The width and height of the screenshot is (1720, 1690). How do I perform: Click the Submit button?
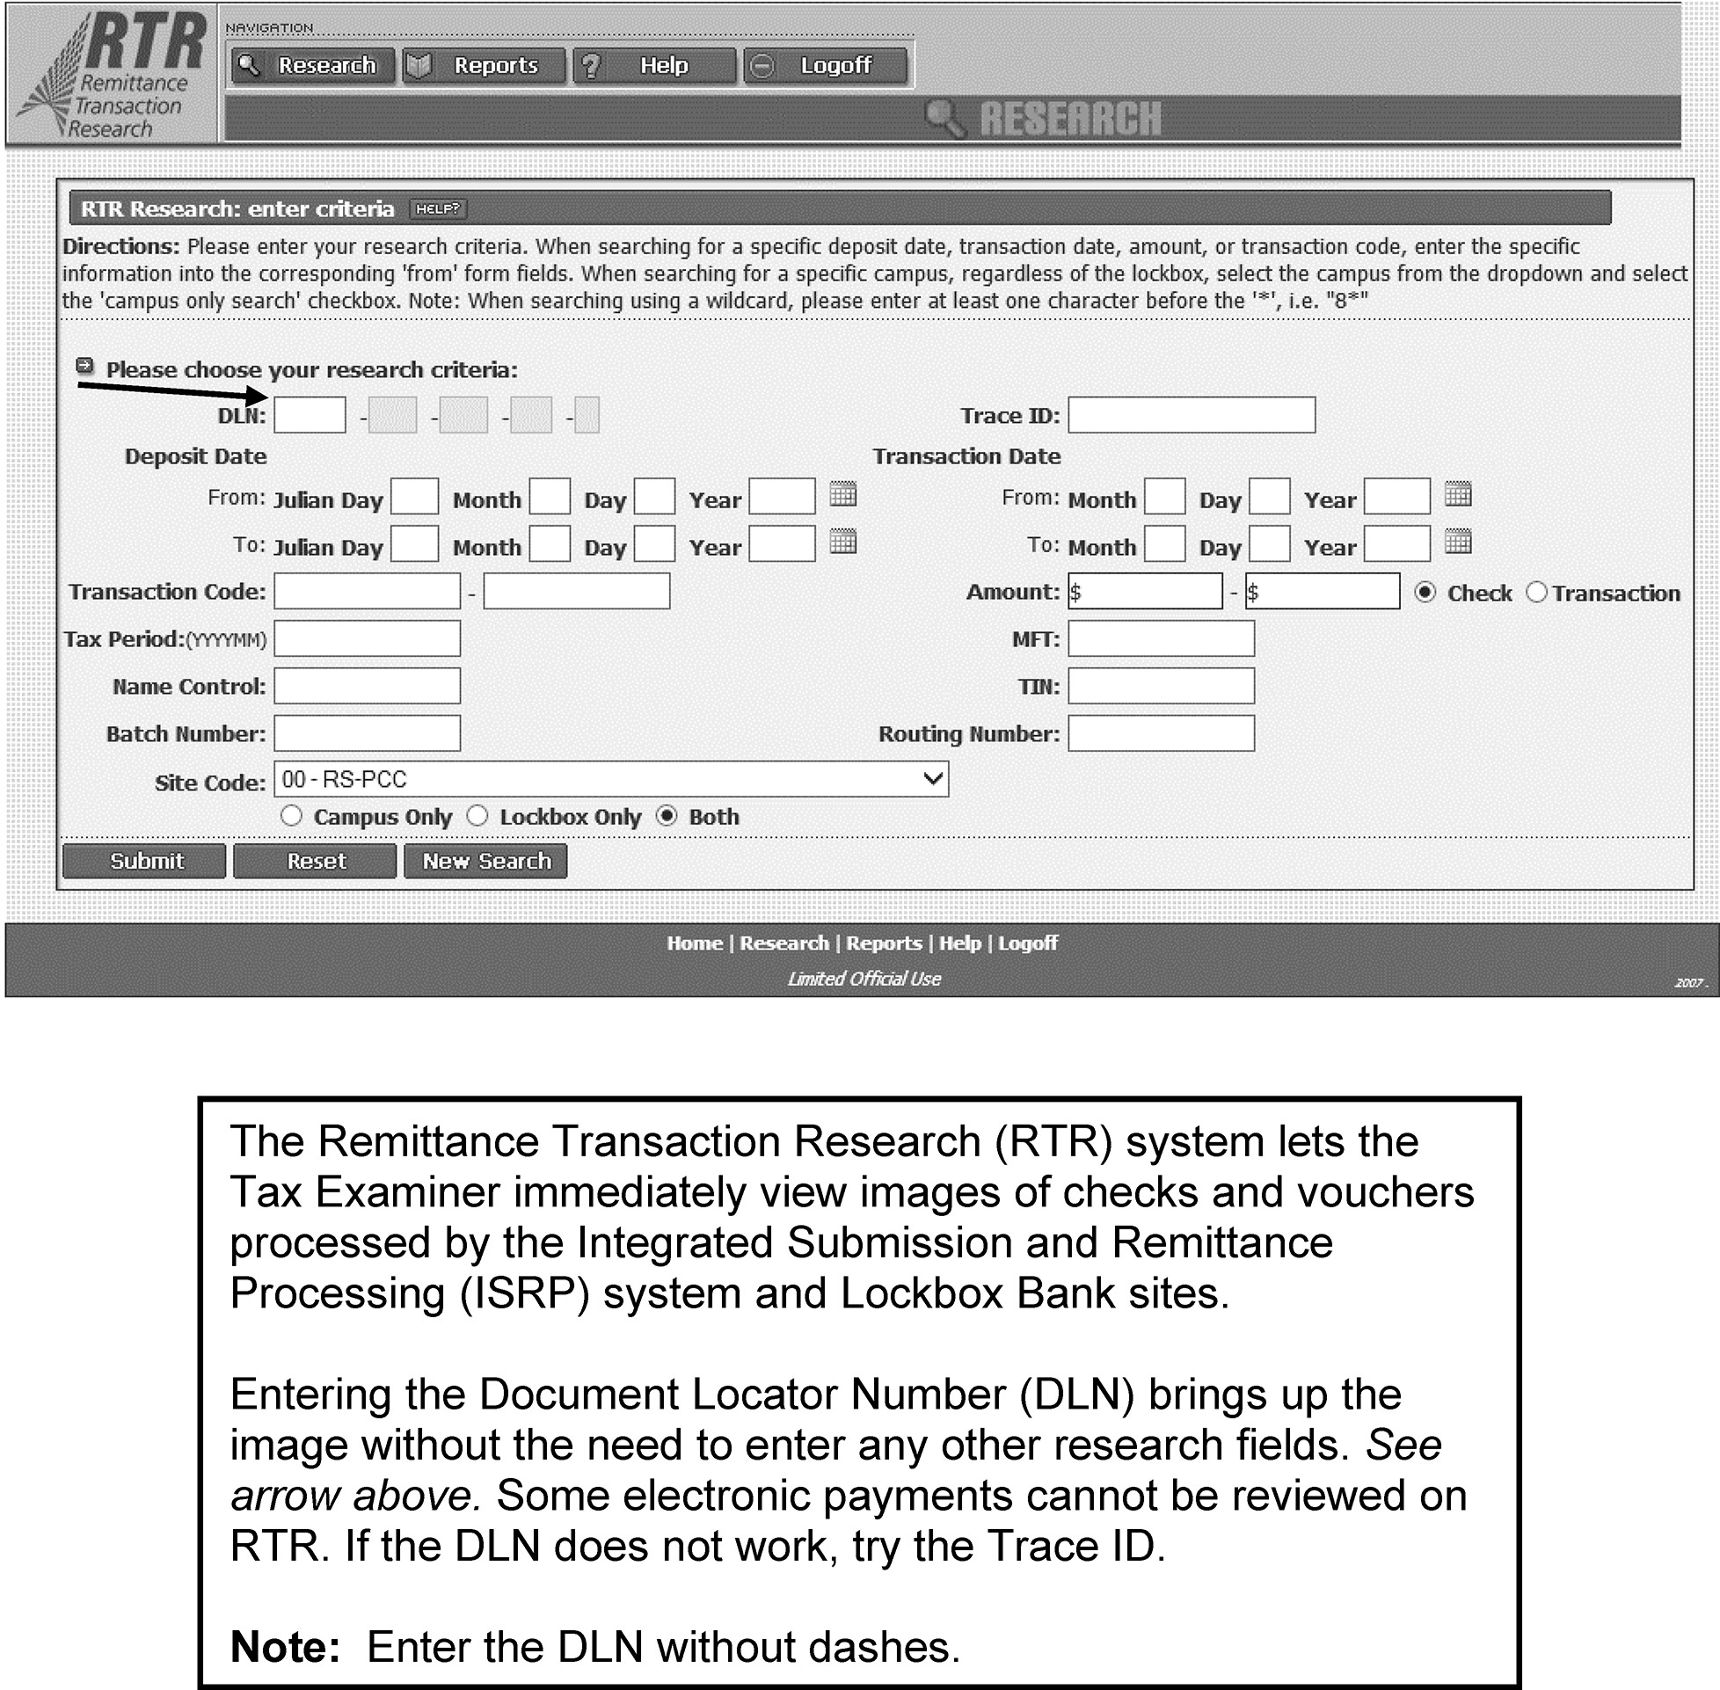[x=145, y=861]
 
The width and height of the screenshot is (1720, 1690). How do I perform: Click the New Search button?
[x=485, y=861]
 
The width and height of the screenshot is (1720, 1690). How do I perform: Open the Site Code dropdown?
[x=610, y=779]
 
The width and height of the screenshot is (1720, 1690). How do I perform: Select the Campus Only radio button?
[x=291, y=816]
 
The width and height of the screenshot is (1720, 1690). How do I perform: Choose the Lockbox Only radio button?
[x=477, y=816]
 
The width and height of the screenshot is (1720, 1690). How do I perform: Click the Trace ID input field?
[x=1191, y=415]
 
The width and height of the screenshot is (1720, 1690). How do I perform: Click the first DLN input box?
[x=310, y=415]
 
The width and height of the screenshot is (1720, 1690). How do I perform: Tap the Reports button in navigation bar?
[x=484, y=66]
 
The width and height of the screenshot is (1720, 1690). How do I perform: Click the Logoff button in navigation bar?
[x=826, y=66]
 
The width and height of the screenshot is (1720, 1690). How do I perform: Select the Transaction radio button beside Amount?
[x=1536, y=592]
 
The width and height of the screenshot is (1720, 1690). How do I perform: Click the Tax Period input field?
[x=367, y=639]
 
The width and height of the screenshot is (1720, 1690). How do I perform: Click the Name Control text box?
[x=367, y=686]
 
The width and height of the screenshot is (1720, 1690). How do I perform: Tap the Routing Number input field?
[x=1161, y=734]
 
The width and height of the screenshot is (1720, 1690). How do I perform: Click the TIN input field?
[x=1161, y=686]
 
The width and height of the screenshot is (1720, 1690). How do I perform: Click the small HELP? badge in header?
[x=439, y=209]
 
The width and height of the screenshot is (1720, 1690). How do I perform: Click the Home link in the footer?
[x=695, y=943]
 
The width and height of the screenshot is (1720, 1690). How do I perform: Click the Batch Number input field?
[x=367, y=734]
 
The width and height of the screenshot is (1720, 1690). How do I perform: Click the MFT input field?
[x=1161, y=639]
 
